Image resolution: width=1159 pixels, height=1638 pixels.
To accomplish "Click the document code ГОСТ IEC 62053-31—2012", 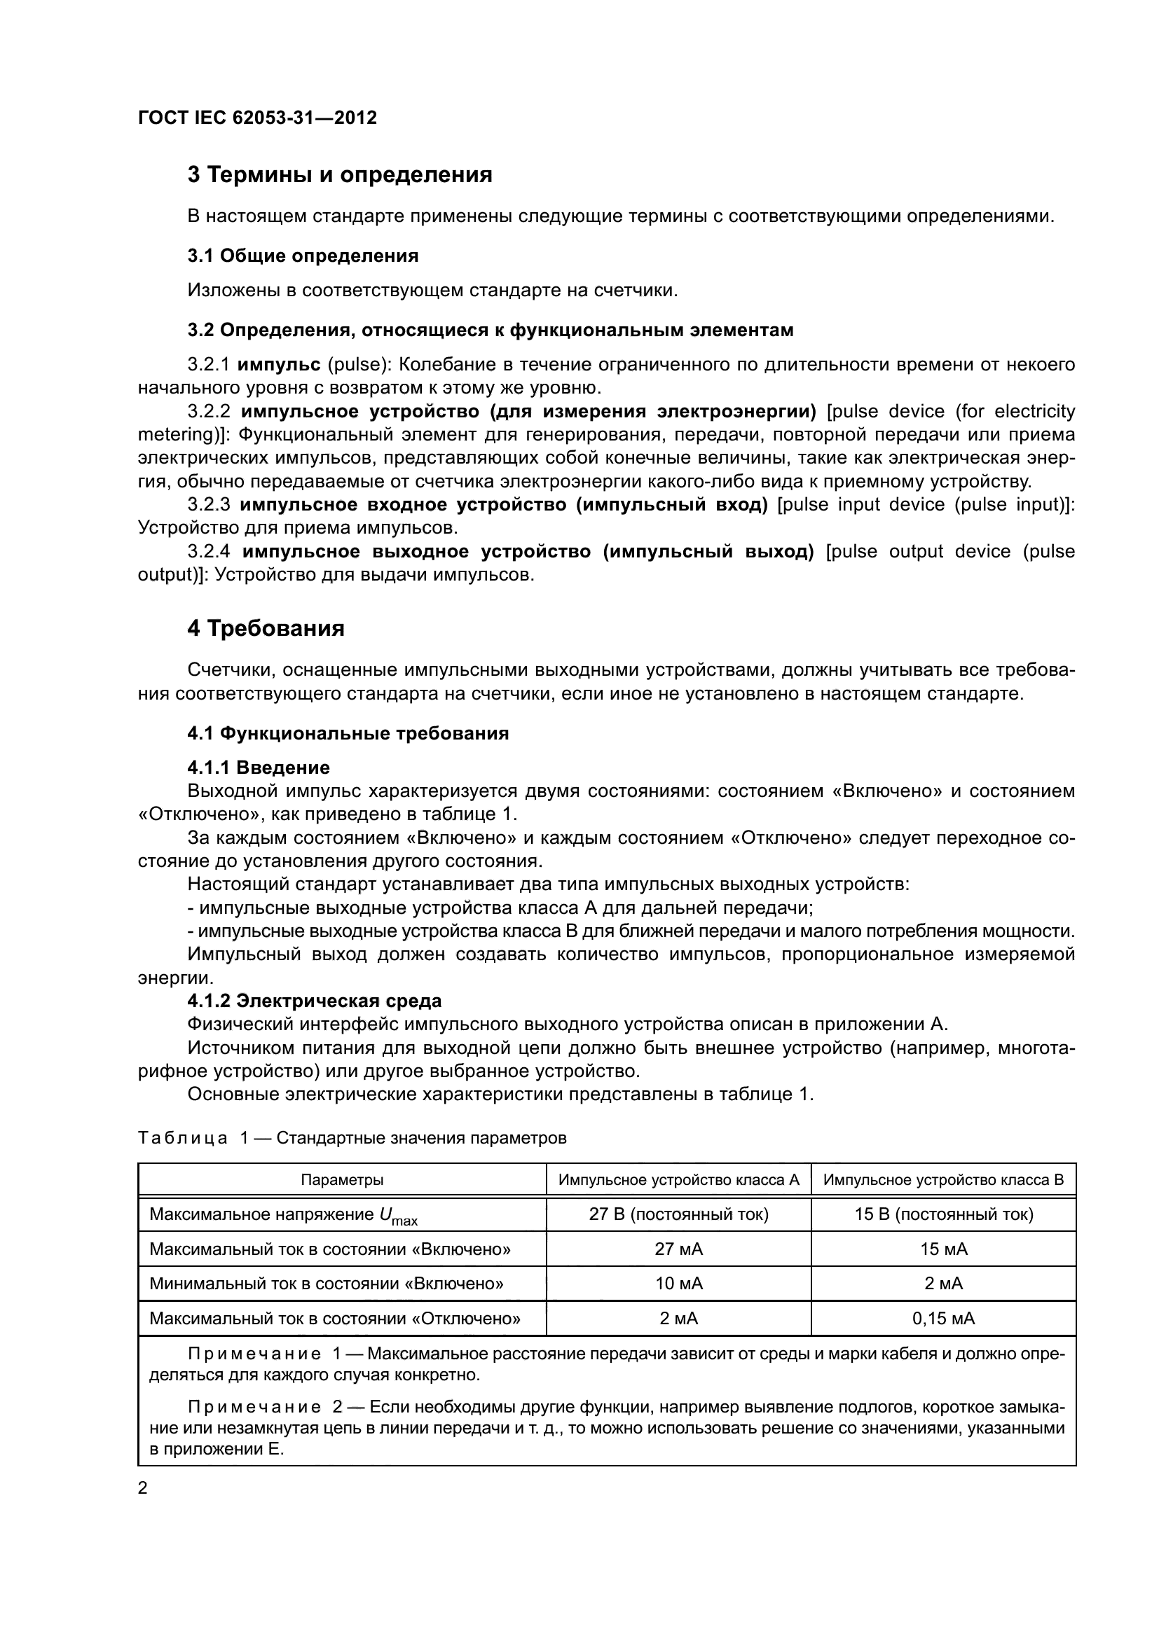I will point(257,118).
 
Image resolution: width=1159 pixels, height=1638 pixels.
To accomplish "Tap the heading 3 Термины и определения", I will point(340,175).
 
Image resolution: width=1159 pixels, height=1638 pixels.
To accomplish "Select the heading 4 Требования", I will point(266,627).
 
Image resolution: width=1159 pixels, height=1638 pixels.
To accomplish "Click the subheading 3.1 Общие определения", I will point(303,256).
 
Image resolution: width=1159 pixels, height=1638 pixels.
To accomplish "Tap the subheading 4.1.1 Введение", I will point(259,768).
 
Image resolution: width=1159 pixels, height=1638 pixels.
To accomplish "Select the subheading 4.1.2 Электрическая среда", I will point(314,1001).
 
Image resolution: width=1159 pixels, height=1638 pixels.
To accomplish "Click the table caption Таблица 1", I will point(183,1138).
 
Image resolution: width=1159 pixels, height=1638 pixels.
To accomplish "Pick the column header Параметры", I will point(342,1180).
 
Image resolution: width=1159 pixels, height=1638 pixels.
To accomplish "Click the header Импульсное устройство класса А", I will point(679,1180).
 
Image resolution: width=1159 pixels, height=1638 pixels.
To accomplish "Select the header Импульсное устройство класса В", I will point(943,1180).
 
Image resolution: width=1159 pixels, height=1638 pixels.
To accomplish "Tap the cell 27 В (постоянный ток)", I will point(679,1214).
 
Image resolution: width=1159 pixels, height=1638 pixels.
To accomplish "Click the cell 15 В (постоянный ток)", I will point(943,1214).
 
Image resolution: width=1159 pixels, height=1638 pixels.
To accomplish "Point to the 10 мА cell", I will point(679,1284).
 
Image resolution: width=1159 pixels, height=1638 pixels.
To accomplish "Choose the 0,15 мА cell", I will point(943,1319).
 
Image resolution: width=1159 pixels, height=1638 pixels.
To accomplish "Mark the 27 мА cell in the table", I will point(679,1249).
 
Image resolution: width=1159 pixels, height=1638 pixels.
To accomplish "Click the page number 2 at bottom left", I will point(143,1489).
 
